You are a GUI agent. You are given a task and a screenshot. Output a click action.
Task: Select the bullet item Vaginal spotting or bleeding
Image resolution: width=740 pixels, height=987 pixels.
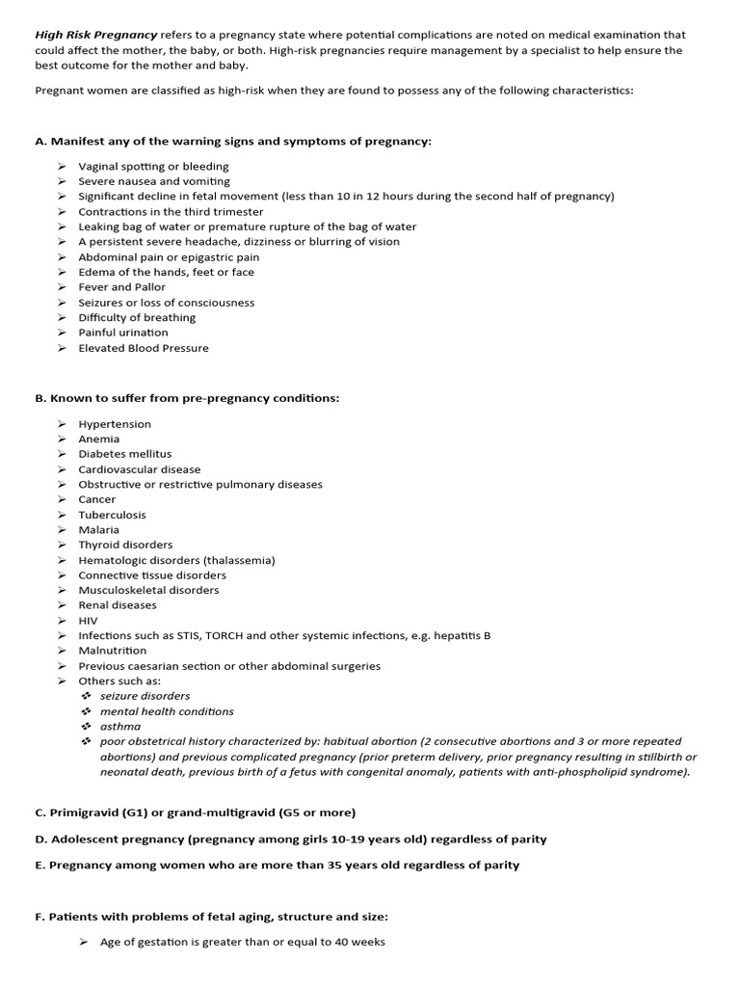click(153, 167)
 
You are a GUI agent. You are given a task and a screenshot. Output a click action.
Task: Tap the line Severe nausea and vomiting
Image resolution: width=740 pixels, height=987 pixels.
click(154, 181)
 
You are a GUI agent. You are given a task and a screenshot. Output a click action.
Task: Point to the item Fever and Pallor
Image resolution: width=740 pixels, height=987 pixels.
click(121, 287)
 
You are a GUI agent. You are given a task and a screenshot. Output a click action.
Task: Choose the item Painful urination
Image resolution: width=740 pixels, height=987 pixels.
click(123, 333)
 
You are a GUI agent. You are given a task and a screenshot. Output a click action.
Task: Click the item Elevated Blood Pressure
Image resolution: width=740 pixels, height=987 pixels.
click(144, 348)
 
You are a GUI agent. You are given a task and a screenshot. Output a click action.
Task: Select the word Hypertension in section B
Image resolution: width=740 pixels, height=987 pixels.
click(115, 424)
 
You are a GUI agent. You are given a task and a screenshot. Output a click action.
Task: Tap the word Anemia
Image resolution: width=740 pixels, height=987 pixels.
click(99, 439)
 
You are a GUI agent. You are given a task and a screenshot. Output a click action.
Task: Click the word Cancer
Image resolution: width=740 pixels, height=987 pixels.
click(96, 499)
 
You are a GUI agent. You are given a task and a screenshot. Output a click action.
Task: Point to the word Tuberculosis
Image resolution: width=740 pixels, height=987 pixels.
click(113, 515)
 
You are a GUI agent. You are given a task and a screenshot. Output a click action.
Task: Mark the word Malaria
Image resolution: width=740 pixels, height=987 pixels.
click(99, 530)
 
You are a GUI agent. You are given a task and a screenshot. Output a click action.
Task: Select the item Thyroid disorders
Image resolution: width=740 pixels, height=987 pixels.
click(125, 545)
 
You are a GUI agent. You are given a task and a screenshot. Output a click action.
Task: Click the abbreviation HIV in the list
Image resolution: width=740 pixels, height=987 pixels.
click(89, 621)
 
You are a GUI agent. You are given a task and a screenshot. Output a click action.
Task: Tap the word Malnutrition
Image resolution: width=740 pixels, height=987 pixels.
click(113, 651)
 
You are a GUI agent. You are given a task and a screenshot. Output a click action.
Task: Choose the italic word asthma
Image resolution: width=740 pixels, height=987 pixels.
click(120, 727)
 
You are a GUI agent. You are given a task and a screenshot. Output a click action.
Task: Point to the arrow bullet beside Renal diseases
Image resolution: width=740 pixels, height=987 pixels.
click(61, 605)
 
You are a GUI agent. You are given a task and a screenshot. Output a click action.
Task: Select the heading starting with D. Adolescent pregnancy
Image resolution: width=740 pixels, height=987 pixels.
click(291, 839)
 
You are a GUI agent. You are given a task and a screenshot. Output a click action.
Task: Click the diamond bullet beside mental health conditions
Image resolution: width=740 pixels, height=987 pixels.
click(86, 711)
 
